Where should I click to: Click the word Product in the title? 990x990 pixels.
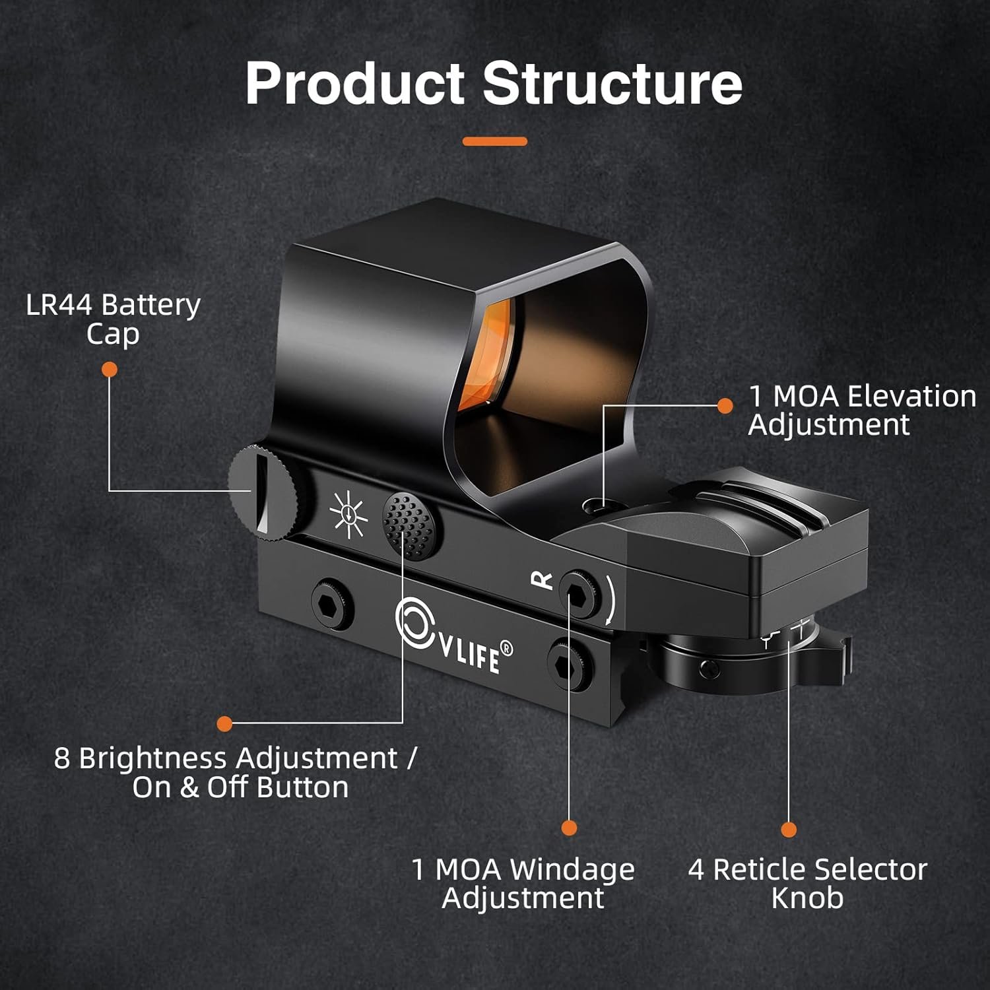[x=354, y=84]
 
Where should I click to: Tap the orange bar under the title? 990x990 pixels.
[x=494, y=141]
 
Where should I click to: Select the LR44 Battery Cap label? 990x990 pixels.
[x=113, y=319]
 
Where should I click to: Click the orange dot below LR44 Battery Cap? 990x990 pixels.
[x=110, y=370]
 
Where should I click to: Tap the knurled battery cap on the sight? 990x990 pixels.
[x=263, y=489]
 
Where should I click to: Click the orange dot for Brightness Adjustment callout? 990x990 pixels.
[x=224, y=723]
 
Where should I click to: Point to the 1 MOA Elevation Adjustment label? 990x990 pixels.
[x=861, y=410]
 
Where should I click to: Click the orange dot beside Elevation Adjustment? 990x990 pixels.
[x=725, y=406]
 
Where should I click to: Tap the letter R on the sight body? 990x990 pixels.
[x=542, y=579]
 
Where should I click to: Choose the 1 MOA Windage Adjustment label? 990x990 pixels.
[x=523, y=883]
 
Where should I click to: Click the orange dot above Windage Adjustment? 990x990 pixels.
[x=569, y=828]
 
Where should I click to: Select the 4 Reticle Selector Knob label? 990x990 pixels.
[x=807, y=883]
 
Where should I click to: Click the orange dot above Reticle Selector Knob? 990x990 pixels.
[x=789, y=830]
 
